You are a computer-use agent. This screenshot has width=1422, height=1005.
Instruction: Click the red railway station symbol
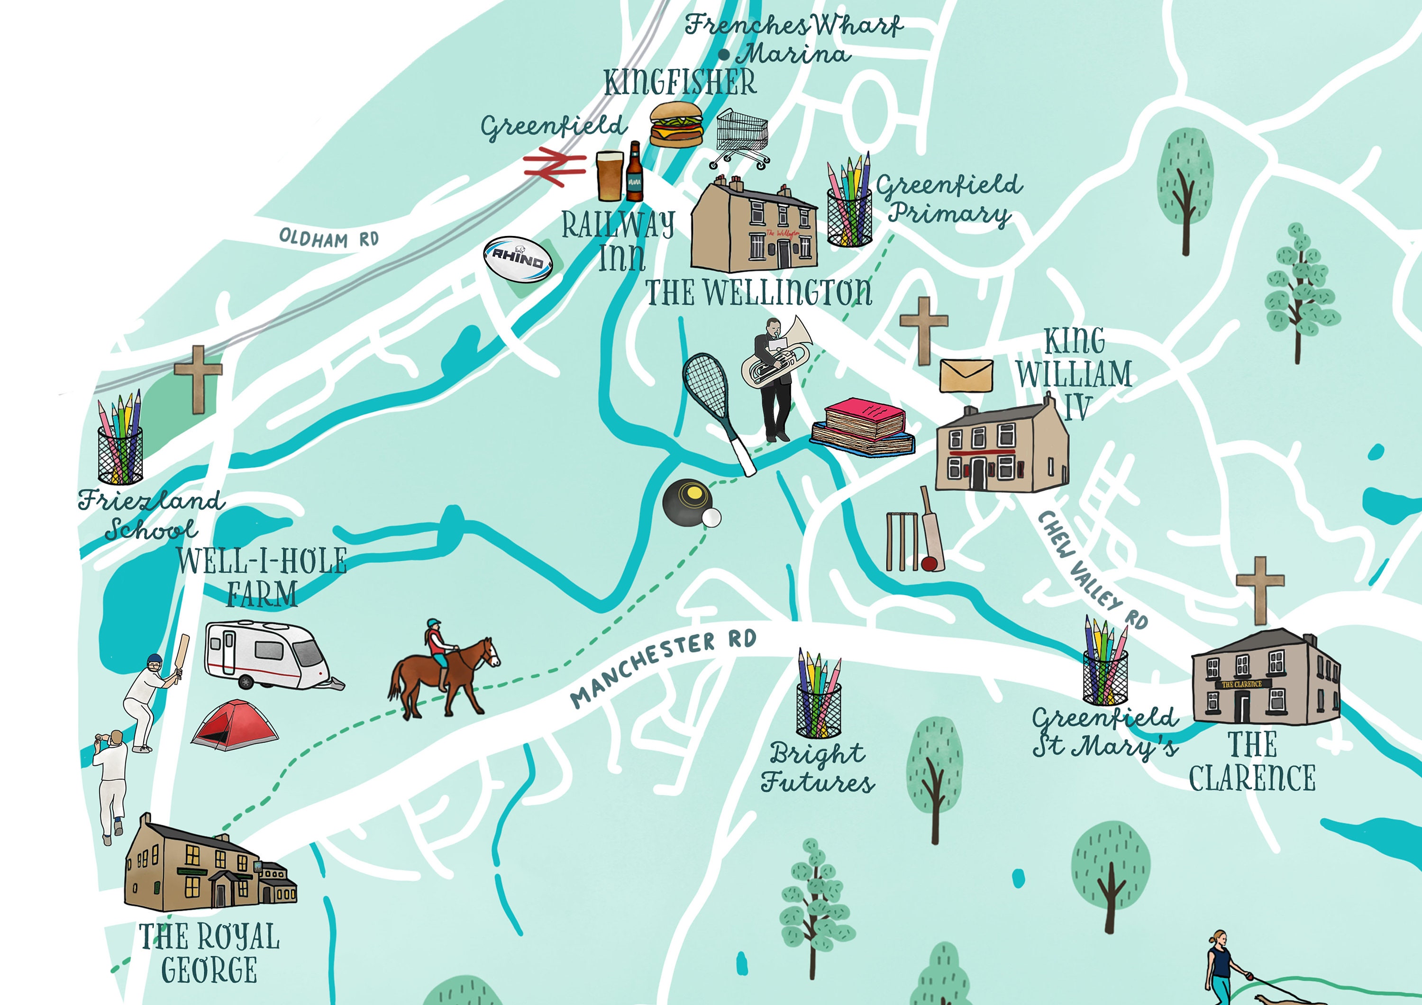(554, 166)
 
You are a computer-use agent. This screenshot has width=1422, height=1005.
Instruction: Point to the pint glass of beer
(610, 176)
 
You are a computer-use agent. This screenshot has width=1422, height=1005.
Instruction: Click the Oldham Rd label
(328, 238)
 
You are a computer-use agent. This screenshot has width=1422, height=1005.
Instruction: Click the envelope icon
(966, 376)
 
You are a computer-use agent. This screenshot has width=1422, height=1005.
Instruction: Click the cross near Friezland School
(198, 378)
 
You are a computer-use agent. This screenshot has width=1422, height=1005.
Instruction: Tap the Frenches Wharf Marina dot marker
(723, 54)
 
